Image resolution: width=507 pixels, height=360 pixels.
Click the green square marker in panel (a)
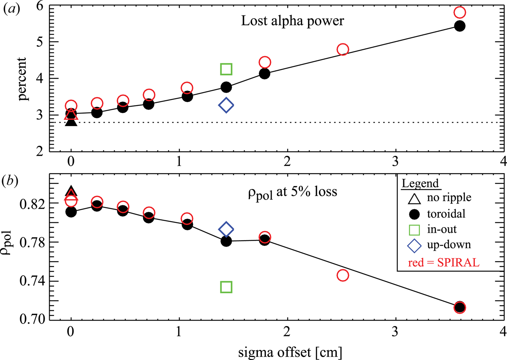pyautogui.click(x=226, y=69)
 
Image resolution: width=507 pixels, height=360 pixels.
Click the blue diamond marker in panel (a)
pyautogui.click(x=226, y=105)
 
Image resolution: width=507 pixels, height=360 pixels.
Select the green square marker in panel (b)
pyautogui.click(x=226, y=287)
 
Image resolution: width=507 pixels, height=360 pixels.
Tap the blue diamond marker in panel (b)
pyautogui.click(x=226, y=229)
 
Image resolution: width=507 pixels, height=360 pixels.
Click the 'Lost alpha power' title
pyautogui.click(x=292, y=21)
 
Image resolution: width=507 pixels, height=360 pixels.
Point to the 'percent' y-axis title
pyautogui.click(x=22, y=79)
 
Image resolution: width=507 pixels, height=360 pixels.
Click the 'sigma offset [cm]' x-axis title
pyautogui.click(x=290, y=352)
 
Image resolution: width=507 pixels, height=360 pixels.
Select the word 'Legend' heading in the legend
pyautogui.click(x=420, y=183)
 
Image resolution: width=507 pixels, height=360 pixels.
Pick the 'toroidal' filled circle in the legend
pyautogui.click(x=414, y=214)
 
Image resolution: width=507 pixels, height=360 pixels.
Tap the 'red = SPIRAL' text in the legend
pyautogui.click(x=444, y=262)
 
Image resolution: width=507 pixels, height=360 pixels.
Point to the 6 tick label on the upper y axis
pyautogui.click(x=39, y=6)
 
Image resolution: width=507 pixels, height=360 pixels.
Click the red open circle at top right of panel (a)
pyautogui.click(x=460, y=12)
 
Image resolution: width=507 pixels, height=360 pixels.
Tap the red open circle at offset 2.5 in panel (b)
pyautogui.click(x=343, y=276)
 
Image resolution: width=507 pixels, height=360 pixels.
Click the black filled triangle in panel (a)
pyautogui.click(x=71, y=121)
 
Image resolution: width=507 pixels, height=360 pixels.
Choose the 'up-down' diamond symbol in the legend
pyautogui.click(x=414, y=246)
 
